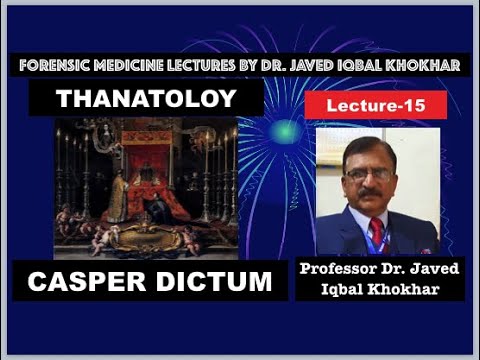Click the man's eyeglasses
(368, 174)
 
